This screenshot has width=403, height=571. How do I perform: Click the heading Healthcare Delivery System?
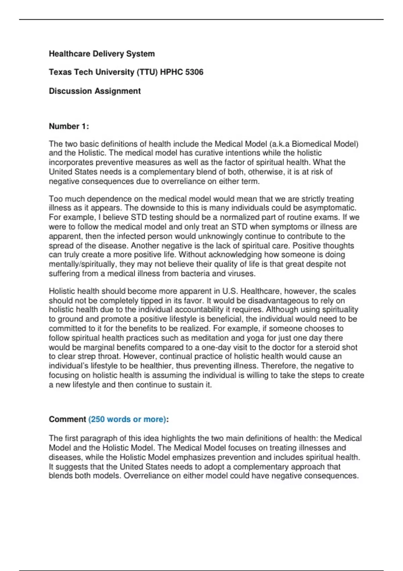coord(102,54)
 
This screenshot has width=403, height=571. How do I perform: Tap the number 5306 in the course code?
coord(194,72)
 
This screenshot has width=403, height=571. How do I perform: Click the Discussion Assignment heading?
coord(95,91)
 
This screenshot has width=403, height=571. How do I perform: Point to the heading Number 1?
coord(69,126)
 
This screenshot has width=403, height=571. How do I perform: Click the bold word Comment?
coord(68,420)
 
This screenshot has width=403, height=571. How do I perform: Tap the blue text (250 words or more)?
coord(127,420)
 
